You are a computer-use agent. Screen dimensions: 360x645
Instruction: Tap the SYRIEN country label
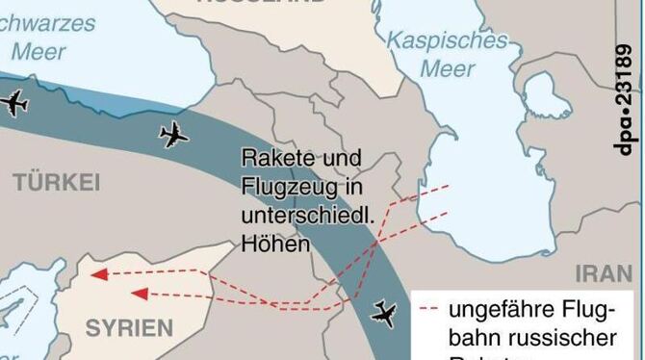coord(128,327)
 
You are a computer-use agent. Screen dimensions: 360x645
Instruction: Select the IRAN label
coord(604,273)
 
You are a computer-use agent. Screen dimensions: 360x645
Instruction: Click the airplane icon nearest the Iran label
coord(384,313)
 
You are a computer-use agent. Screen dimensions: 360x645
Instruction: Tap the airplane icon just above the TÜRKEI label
coord(173,134)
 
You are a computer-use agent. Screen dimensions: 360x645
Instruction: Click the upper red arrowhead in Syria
coord(97,273)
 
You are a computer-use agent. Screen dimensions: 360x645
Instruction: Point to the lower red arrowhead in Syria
coord(138,293)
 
